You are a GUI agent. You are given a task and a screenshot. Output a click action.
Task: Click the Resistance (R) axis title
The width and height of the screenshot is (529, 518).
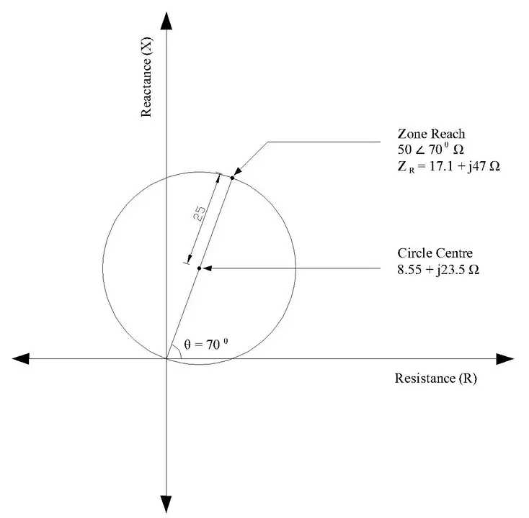(x=435, y=378)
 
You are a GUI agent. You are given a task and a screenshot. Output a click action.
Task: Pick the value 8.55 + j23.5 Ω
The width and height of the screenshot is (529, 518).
(x=439, y=271)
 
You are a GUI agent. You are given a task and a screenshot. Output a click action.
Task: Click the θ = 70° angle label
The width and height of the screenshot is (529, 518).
(x=206, y=345)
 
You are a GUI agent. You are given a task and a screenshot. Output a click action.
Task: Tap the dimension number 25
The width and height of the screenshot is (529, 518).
(x=201, y=213)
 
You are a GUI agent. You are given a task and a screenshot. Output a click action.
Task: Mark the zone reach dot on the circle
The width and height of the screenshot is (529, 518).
(x=232, y=177)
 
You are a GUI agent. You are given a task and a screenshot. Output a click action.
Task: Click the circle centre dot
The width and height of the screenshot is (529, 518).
(x=199, y=268)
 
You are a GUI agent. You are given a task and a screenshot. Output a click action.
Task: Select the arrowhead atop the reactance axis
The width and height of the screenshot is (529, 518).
(x=166, y=22)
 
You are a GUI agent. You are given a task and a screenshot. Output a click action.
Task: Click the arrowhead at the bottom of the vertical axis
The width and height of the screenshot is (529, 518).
(x=166, y=504)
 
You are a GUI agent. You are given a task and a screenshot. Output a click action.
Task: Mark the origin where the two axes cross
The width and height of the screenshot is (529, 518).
(x=166, y=358)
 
